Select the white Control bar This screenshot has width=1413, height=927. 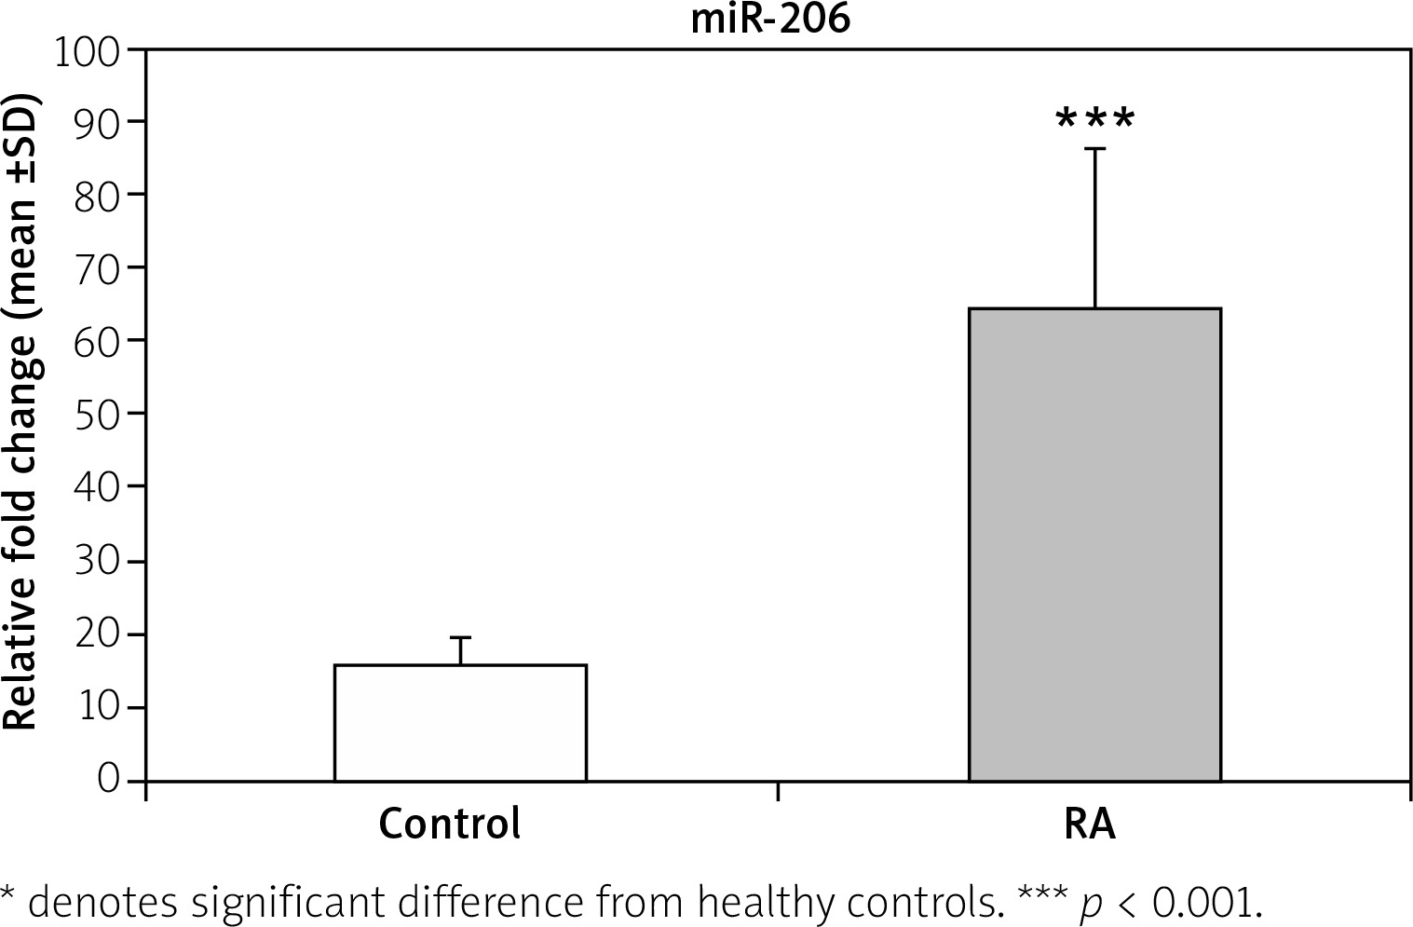[460, 722]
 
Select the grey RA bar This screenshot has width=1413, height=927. [1094, 544]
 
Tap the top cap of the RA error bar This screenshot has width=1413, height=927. [1094, 149]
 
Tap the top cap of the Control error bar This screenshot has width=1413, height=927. [460, 637]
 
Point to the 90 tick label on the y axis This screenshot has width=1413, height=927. [97, 123]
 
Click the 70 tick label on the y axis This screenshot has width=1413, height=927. [97, 268]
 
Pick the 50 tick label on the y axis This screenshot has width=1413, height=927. [97, 414]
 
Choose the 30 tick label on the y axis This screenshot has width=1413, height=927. [97, 562]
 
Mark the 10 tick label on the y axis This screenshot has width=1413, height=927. [97, 708]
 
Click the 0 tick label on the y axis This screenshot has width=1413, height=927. [109, 779]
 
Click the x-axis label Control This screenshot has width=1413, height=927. [450, 825]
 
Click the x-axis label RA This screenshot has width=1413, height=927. [1089, 825]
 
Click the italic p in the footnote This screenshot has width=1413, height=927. [1087, 904]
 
